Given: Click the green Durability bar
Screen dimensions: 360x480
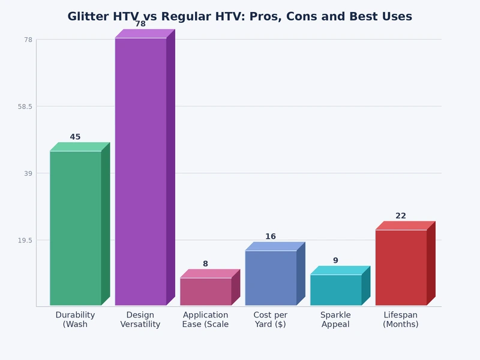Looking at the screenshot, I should (x=76, y=228).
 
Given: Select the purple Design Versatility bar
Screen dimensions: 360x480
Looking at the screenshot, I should (x=140, y=171).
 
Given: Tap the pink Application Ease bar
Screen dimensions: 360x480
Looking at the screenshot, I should (x=206, y=292).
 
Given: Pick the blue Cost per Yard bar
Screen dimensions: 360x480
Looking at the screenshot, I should (x=271, y=278).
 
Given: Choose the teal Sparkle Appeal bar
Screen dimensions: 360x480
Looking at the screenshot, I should (x=335, y=290).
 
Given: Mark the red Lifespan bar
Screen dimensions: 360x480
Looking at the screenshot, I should (x=401, y=267).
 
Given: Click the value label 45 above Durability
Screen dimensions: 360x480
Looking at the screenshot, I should (x=75, y=137).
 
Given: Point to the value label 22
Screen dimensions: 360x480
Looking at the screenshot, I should (x=401, y=216).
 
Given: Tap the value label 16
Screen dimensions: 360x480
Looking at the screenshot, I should (x=271, y=236).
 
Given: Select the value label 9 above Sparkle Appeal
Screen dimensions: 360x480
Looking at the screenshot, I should (x=335, y=260).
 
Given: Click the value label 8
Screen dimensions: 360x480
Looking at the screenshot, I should (x=205, y=264).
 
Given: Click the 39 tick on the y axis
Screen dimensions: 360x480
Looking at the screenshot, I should (x=27, y=173).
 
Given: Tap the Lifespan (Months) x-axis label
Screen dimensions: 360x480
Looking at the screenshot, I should (x=401, y=320).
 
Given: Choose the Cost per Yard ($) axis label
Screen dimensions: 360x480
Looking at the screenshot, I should (x=271, y=320).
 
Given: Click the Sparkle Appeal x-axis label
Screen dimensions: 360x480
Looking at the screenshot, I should (x=335, y=320).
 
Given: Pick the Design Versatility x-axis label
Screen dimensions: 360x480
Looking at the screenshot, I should (x=140, y=320).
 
